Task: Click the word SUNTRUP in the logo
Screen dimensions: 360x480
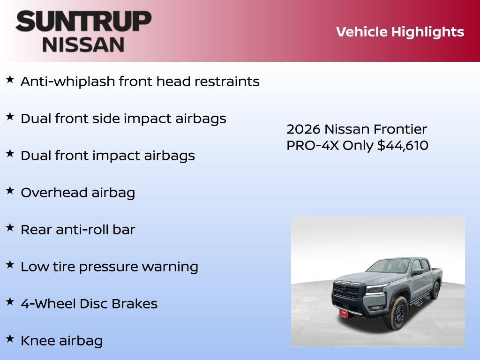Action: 83,22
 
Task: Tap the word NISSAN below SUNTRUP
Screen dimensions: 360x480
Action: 83,44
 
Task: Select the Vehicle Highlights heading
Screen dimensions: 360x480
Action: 400,32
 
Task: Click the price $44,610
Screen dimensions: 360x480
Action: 403,145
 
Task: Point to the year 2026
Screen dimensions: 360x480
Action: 303,129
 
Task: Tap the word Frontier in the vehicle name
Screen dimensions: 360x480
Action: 400,129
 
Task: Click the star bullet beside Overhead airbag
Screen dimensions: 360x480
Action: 10,190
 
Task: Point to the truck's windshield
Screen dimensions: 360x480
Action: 388,267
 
